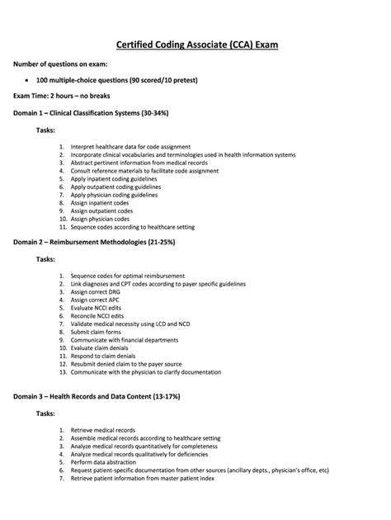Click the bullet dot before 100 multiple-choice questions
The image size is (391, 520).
pos(30,80)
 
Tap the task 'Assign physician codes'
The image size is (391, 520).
pos(106,219)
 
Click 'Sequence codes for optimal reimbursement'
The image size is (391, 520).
pos(127,276)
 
